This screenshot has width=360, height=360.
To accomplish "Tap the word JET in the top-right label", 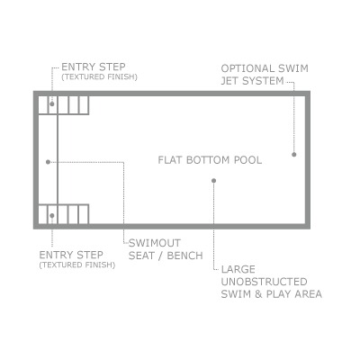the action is coord(229,81).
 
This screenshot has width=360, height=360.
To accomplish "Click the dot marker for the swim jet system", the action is coord(294,155).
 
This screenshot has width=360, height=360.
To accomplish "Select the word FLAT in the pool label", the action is coord(170,160).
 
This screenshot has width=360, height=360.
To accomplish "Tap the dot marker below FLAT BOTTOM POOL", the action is coord(213,181).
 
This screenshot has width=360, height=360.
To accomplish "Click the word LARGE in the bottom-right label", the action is coord(238,269).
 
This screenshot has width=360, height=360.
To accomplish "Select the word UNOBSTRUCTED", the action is coord(265,282).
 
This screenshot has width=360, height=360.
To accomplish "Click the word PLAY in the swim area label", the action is coord(279,294).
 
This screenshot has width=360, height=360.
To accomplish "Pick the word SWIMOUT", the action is coord(155,243).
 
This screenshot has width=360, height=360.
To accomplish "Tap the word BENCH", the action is coord(184,256).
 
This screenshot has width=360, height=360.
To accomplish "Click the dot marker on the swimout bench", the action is coord(48,162).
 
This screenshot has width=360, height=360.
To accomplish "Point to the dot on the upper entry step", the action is coord(52,104).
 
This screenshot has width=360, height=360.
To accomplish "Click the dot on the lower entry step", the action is coord(52,216).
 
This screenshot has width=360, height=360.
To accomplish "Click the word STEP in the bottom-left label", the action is coord(90,255).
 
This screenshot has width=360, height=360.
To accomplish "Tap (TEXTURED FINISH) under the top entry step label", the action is coord(99,77).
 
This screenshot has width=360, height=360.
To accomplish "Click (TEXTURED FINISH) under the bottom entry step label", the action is coord(77,265).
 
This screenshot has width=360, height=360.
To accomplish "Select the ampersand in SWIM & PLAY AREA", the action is coord(258,294).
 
